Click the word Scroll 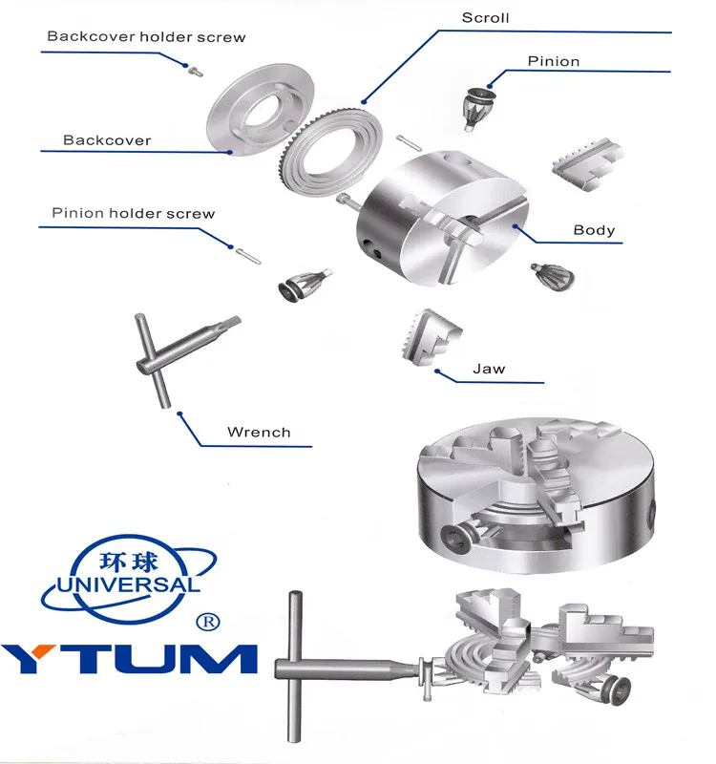[x=485, y=18]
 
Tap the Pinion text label [x=554, y=62]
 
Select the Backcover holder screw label [x=146, y=37]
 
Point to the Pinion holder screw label [x=134, y=213]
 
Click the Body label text [x=594, y=230]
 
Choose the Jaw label [x=489, y=369]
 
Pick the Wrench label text [x=259, y=432]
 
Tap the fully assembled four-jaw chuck [x=535, y=497]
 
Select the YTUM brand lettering [x=129, y=659]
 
